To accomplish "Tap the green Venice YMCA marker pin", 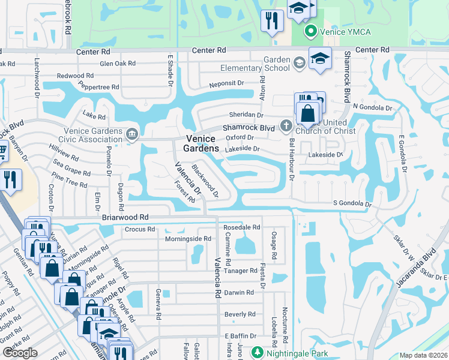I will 311,31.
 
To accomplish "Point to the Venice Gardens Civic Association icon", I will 132,133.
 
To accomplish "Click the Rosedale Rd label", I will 241,227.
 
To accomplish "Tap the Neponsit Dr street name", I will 226,84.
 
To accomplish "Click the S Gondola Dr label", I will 352,204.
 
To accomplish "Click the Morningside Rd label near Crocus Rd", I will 188,238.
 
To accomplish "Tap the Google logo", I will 20,353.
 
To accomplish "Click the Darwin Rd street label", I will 239,292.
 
